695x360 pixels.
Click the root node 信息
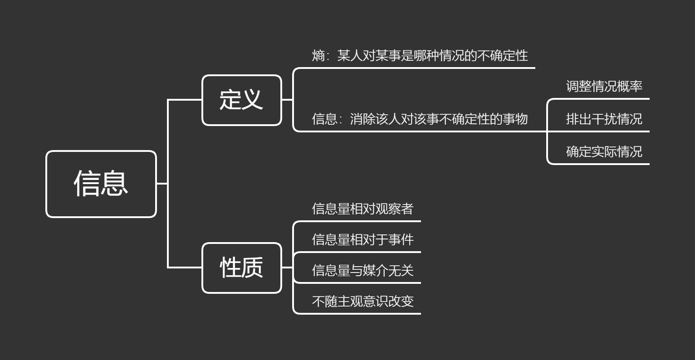pos(101,184)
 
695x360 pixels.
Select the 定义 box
pos(241,100)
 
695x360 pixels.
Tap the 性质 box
pos(241,268)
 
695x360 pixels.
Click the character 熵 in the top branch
pos(318,56)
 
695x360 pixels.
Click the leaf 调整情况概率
pos(604,86)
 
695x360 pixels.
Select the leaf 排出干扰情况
pos(604,119)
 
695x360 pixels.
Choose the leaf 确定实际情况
pos(604,151)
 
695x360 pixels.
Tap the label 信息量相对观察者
pos(362,209)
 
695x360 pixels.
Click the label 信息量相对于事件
pos(362,239)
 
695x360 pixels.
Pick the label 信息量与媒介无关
pos(362,270)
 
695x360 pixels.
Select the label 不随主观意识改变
pos(362,301)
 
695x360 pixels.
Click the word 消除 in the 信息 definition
pos(362,119)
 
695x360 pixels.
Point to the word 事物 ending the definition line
pos(515,119)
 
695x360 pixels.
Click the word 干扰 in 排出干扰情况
pos(604,119)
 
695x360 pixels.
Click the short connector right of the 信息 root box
pos(162,184)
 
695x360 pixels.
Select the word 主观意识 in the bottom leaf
pos(362,301)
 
